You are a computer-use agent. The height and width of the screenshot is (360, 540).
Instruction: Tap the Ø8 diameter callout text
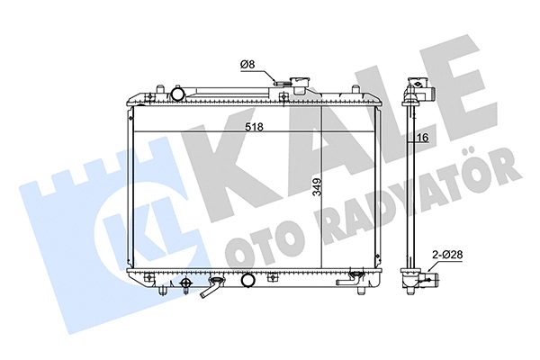tap(249, 64)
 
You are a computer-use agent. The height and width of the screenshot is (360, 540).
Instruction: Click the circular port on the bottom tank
tap(246, 284)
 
